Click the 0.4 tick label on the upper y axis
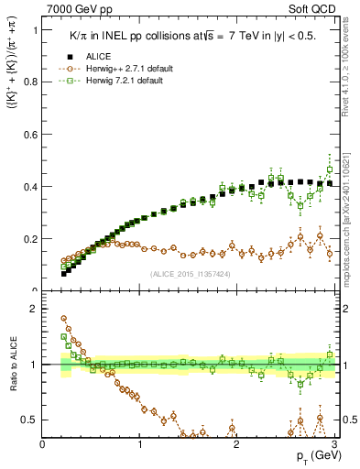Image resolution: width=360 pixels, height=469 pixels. pyautogui.click(x=29, y=187)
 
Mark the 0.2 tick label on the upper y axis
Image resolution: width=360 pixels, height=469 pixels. pyautogui.click(x=29, y=239)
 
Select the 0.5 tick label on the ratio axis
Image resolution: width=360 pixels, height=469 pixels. pyautogui.click(x=29, y=420)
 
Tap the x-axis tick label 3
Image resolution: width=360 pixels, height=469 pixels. pyautogui.click(x=333, y=443)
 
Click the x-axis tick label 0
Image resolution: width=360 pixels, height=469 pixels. pyautogui.click(x=42, y=443)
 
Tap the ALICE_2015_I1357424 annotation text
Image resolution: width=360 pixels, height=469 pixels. pyautogui.click(x=189, y=273)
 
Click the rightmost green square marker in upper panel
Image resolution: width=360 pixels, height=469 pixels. pyautogui.click(x=330, y=169)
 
